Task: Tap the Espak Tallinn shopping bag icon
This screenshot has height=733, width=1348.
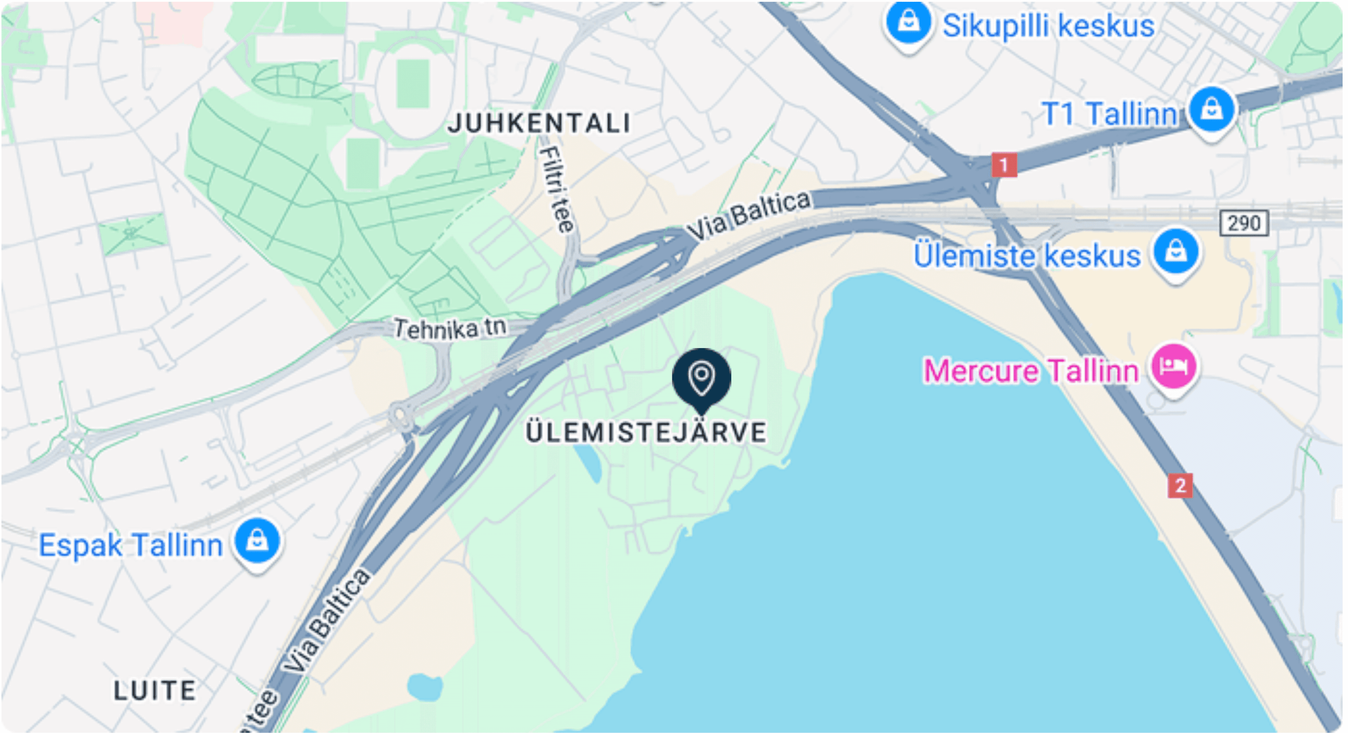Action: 256,541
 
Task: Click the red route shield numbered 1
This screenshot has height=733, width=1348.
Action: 1004,165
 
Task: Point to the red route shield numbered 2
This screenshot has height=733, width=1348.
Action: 1180,486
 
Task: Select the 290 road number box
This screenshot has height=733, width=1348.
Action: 1244,224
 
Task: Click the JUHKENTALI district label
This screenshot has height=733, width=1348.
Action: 539,124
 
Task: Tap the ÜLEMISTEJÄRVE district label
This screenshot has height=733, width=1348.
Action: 646,433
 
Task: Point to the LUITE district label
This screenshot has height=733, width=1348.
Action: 155,691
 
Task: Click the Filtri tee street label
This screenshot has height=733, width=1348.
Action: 557,189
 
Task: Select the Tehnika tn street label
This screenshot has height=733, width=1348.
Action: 449,328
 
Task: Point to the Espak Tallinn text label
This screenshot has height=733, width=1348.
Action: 131,545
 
